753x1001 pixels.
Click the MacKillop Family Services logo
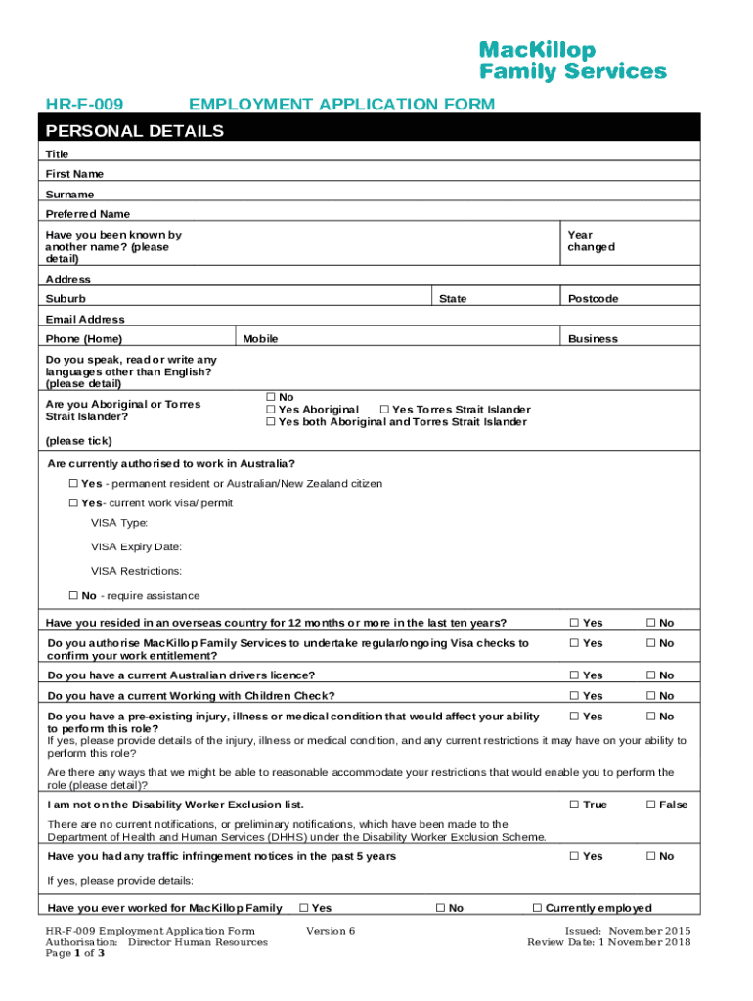point(572,61)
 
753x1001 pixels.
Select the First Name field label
point(74,174)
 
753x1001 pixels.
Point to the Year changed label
point(591,241)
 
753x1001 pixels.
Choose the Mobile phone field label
point(260,339)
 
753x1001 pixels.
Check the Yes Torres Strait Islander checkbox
point(384,410)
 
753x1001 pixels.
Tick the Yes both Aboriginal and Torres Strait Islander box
point(271,422)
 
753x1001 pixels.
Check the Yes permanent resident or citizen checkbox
point(73,484)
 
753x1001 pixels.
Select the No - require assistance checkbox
point(73,596)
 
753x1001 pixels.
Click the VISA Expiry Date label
point(136,547)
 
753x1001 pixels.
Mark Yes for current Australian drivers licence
point(575,675)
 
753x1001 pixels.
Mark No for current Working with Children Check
point(650,696)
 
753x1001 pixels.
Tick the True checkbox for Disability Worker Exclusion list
point(575,805)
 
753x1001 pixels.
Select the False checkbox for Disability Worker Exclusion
point(650,805)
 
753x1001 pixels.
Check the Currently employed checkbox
point(537,908)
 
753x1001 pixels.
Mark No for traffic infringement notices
point(650,857)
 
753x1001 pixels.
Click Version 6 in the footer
point(331,931)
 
